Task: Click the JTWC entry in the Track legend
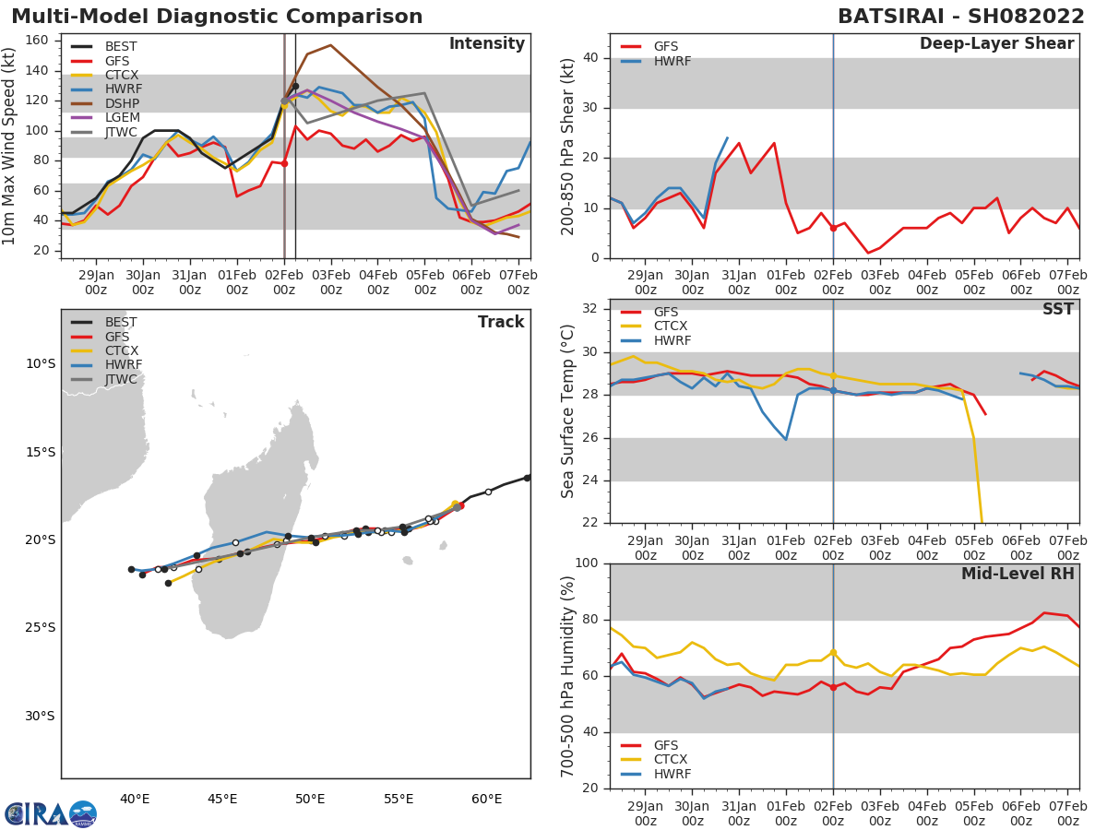pyautogui.click(x=121, y=379)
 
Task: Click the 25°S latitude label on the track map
pyautogui.click(x=41, y=628)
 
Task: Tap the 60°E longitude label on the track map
pyautogui.click(x=486, y=799)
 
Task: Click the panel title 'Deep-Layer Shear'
pyautogui.click(x=996, y=44)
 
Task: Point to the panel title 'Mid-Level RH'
pyautogui.click(x=1018, y=574)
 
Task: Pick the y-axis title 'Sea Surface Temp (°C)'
pyautogui.click(x=568, y=411)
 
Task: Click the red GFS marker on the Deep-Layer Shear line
pyautogui.click(x=833, y=228)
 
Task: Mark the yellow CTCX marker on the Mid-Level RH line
pyautogui.click(x=833, y=653)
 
